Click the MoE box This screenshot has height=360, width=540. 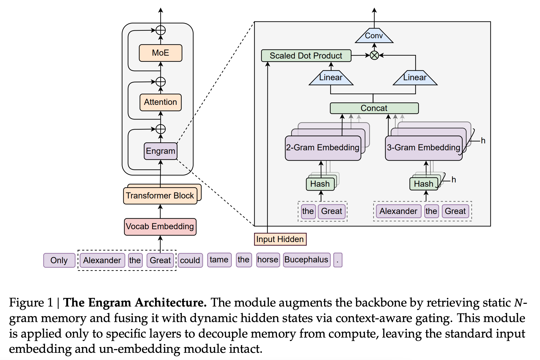tap(160, 53)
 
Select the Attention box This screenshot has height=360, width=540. tap(160, 102)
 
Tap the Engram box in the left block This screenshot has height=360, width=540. tap(160, 151)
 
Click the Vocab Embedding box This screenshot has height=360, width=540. tap(160, 227)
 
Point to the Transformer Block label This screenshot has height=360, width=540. tap(160, 196)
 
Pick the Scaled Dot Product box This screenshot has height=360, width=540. tap(306, 56)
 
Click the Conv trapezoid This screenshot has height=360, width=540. tap(374, 36)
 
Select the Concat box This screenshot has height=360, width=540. tap(374, 108)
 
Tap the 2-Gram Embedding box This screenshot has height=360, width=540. tap(323, 148)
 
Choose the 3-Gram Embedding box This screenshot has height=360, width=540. tap(423, 148)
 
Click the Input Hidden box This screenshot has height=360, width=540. tap(280, 239)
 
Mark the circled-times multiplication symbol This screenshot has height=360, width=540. tap(374, 55)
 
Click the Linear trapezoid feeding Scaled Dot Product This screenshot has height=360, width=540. tap(331, 78)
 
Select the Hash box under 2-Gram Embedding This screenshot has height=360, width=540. tap(320, 184)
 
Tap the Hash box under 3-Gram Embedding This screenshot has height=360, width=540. tap(423, 184)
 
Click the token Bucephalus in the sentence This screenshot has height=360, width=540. tap(306, 260)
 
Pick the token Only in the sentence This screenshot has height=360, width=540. tap(59, 260)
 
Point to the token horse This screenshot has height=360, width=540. tap(268, 260)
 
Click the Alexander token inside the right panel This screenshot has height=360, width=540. tap(398, 211)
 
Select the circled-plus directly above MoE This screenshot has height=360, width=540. tap(160, 30)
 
